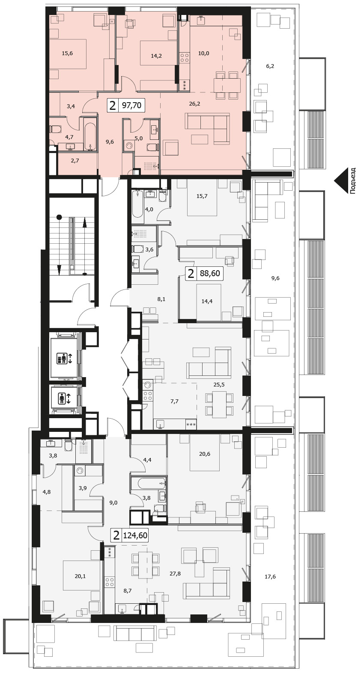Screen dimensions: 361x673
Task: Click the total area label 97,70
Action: pos(131,106)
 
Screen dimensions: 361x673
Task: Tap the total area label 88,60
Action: pos(210,273)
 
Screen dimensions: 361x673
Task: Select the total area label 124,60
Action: pos(135,535)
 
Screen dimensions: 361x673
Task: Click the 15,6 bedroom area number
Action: pos(67,53)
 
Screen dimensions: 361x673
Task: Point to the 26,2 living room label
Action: pos(195,104)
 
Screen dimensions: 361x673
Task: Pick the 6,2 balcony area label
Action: pos(270,66)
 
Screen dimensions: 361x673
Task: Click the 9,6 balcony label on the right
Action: pos(275,278)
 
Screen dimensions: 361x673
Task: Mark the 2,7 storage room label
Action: pos(75,161)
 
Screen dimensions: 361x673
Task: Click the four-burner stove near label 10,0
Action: pos(185,58)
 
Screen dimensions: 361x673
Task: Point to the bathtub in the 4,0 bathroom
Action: pos(137,204)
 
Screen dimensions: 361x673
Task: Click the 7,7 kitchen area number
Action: pos(174,401)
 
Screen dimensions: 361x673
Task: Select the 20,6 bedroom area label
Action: pos(205,454)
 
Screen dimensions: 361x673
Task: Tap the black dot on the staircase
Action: pos(60,216)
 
